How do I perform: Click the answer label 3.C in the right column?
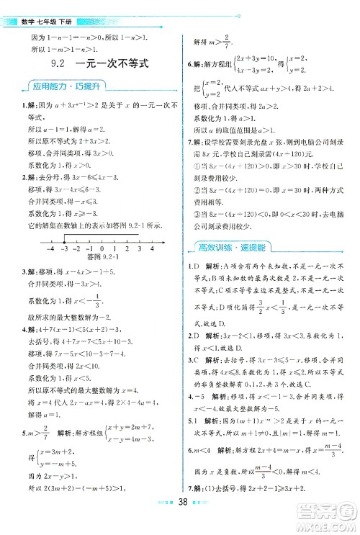click(189, 359)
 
